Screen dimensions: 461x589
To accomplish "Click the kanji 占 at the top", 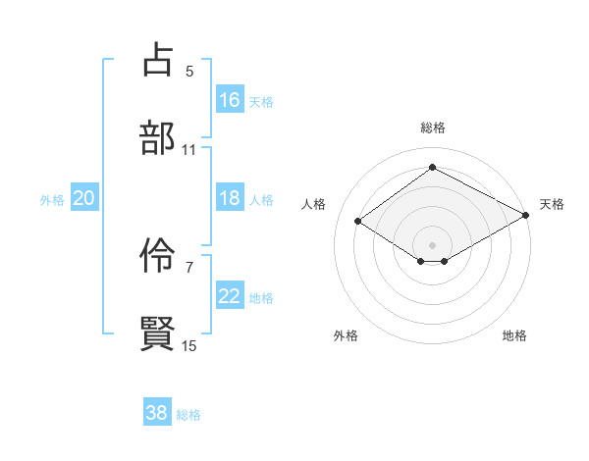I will pos(158,61).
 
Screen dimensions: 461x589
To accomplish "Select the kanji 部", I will pos(158,137).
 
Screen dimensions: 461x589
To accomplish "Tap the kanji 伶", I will pos(158,256).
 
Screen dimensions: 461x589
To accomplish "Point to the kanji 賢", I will pos(158,333).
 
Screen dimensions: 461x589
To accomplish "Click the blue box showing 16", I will pos(230,100).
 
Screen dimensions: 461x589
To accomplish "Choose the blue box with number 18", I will pos(230,198).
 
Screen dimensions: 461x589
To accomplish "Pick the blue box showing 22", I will pos(230,296).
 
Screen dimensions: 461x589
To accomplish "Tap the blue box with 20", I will pos(84,198).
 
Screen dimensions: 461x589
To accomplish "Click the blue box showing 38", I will pos(157,413).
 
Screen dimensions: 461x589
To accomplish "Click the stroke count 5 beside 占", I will pos(189,71).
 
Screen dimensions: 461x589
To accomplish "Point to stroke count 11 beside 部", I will pos(189,149).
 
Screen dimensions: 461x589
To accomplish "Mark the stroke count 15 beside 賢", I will pos(189,345).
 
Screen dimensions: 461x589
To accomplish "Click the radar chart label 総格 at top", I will pos(432,128).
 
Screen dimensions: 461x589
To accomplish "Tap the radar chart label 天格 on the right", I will pos(552,204).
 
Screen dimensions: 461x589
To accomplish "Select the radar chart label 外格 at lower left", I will pos(346,335).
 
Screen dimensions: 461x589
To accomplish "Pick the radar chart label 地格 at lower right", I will pos(514,335).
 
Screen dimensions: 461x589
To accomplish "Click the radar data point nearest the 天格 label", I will pos(526,216).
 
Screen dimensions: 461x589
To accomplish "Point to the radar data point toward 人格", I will pos(358,222).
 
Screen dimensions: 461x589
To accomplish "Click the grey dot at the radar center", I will pos(432,244).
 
